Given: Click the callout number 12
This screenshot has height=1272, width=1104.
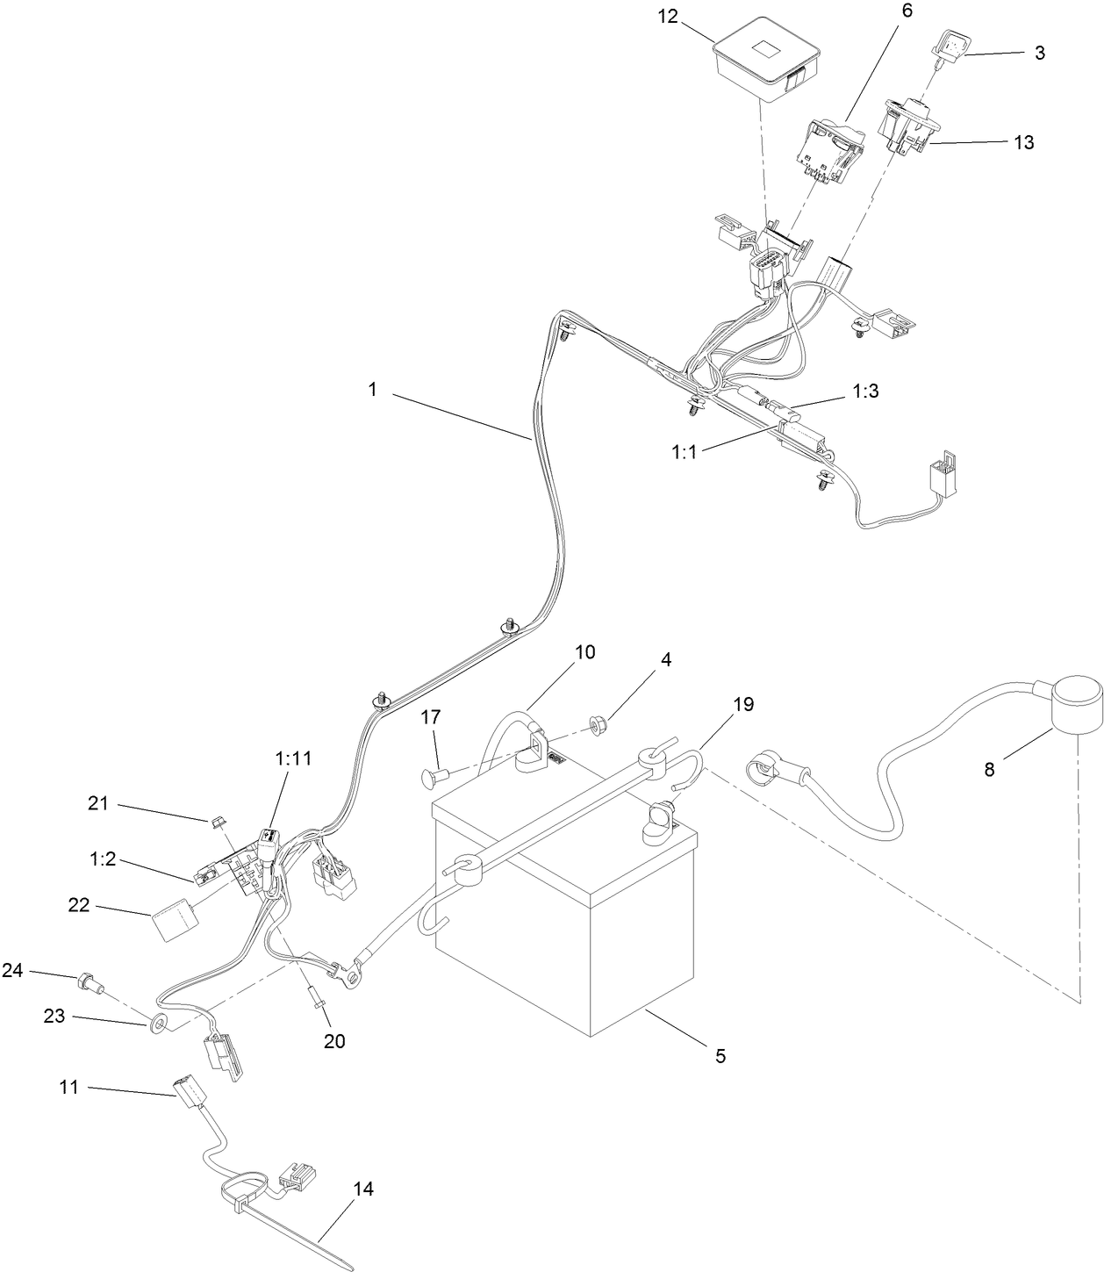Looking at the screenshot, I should [667, 17].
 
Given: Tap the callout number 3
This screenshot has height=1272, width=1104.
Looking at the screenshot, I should [1040, 53].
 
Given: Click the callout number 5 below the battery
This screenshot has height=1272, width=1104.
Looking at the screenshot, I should [720, 1056].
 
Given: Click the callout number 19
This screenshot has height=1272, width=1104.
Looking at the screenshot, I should [743, 704].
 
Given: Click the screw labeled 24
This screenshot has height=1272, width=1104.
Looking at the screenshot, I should [90, 981].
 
